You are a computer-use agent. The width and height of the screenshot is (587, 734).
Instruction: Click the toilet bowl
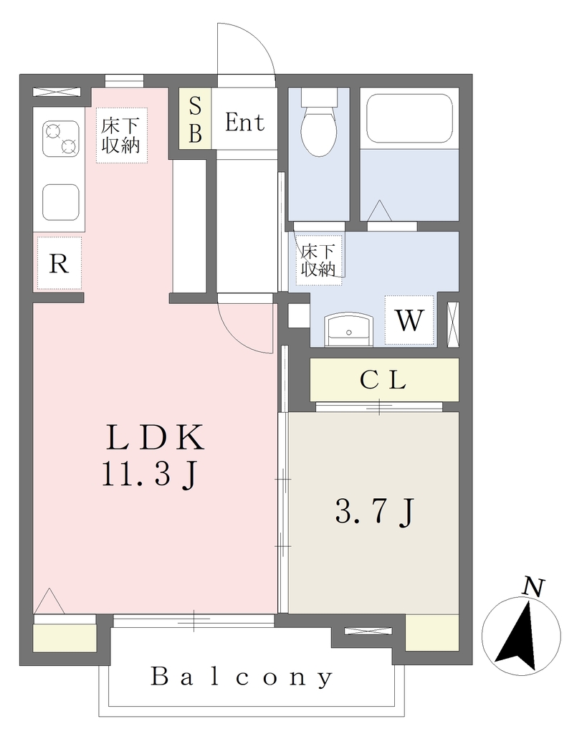pyautogui.click(x=318, y=130)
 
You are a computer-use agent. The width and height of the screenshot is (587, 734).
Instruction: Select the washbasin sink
pyautogui.click(x=349, y=330)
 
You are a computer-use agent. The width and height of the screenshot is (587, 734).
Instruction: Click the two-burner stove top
pyautogui.click(x=61, y=139)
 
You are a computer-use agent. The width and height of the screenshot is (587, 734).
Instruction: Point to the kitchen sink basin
pyautogui.click(x=61, y=202)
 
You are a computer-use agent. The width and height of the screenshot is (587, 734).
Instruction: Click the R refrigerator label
pyautogui.click(x=59, y=264)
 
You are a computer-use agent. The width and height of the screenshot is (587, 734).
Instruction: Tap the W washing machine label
pyautogui.click(x=409, y=320)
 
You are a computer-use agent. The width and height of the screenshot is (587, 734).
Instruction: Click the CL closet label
pyautogui.click(x=383, y=380)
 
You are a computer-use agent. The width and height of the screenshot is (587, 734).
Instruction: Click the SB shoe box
pyautogui.click(x=195, y=119)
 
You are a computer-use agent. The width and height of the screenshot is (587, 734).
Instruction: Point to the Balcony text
pyautogui.click(x=242, y=677)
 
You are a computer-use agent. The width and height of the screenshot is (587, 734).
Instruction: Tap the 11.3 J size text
pyautogui.click(x=149, y=475)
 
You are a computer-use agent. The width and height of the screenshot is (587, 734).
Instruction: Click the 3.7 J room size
pyautogui.click(x=374, y=512)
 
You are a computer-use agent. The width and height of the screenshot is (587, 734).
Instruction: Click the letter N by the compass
pyautogui.click(x=534, y=588)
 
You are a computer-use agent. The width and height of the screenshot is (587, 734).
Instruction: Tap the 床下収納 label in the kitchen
pyautogui.click(x=121, y=135)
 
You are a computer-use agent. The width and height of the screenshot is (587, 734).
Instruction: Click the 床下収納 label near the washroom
pyautogui.click(x=318, y=260)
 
